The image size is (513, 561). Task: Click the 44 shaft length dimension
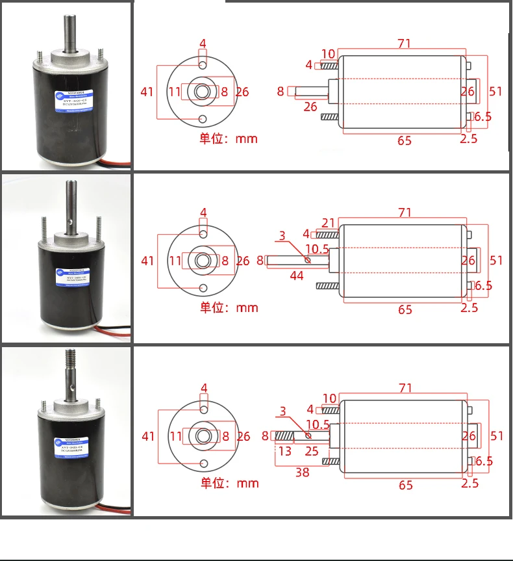tap(297, 276)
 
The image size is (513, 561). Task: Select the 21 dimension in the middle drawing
tap(328, 223)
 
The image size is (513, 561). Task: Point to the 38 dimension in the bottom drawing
tap(303, 473)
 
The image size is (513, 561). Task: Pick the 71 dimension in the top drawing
tap(405, 44)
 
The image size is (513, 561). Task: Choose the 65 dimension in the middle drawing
tap(405, 309)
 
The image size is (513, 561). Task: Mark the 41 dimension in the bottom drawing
tap(149, 436)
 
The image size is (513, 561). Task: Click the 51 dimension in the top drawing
tap(496, 91)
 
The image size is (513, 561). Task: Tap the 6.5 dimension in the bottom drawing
tap(484, 462)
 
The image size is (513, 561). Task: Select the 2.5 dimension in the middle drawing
tap(469, 307)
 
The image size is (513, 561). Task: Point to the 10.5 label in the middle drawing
tap(316, 248)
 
